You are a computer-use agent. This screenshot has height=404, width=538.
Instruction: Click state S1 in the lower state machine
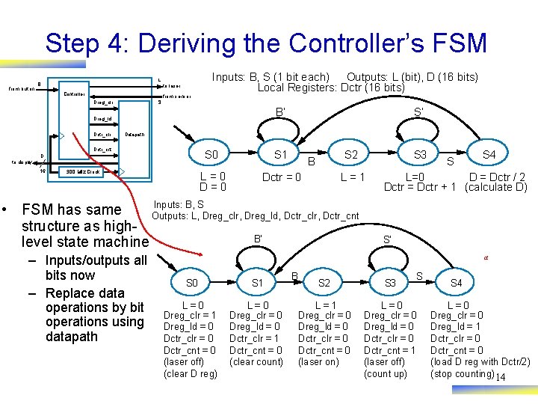(258, 283)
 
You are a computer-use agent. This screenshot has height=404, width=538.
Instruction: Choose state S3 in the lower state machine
(390, 283)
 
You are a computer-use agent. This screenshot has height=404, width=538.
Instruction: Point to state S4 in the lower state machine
(456, 283)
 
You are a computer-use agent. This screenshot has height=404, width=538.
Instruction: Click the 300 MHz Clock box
(83, 171)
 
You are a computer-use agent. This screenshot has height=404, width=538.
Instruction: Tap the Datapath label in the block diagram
(135, 135)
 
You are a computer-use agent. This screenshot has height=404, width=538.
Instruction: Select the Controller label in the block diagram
(73, 94)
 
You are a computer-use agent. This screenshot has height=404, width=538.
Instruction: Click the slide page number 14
(500, 376)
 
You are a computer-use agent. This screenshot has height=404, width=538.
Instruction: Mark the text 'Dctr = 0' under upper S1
(282, 177)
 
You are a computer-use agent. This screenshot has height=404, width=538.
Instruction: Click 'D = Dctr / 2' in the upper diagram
(496, 177)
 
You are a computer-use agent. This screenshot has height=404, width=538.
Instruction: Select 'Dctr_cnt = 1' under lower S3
(389, 350)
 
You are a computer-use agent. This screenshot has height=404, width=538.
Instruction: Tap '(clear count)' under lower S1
(256, 362)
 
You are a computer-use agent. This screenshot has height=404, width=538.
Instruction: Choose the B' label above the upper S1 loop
(280, 114)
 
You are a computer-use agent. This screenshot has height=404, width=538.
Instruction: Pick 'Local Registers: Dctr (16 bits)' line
(331, 88)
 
